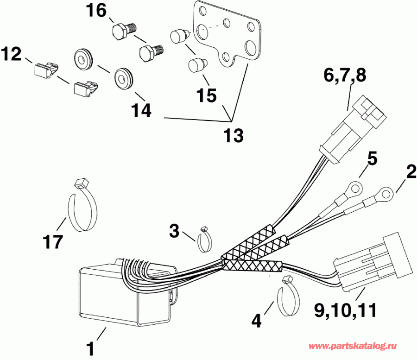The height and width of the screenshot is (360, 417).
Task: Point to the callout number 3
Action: tap(174, 231)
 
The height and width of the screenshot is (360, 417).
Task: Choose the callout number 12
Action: tap(11, 55)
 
